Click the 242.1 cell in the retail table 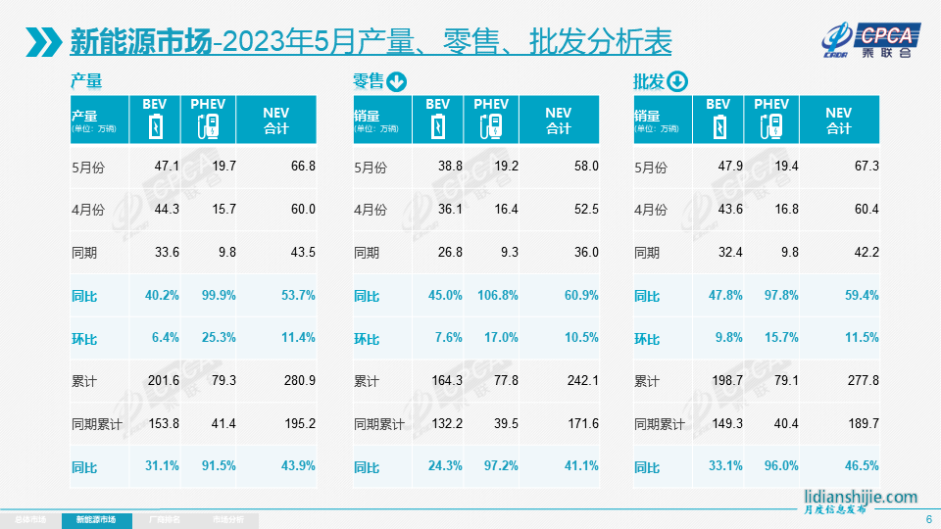tap(580, 381)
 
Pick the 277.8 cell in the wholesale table tap(860, 381)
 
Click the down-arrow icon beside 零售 tap(396, 81)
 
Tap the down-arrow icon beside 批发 tap(677, 81)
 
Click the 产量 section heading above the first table tap(86, 81)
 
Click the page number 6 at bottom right tap(928, 519)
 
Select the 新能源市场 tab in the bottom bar tap(102, 519)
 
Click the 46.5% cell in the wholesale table tap(860, 467)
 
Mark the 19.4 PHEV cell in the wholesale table tap(786, 167)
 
